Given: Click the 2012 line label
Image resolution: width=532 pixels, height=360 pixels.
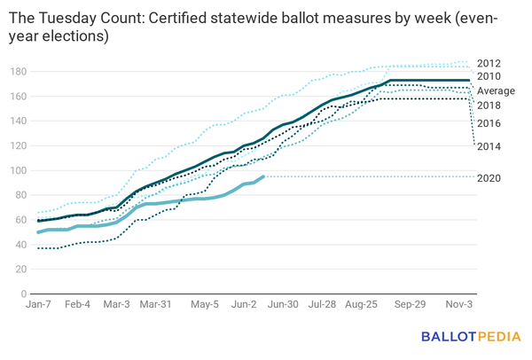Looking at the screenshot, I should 489,63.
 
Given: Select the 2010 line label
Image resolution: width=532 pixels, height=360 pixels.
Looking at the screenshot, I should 489,76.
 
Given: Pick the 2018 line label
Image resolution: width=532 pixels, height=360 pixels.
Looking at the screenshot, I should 489,106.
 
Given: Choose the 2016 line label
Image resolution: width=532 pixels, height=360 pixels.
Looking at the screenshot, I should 489,123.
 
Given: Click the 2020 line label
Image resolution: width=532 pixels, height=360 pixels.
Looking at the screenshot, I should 489,178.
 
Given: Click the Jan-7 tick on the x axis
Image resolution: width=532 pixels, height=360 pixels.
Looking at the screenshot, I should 38,303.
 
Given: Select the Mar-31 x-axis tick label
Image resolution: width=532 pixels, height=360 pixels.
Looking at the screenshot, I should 156,303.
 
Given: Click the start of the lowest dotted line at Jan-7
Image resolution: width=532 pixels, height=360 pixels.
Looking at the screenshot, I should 38,248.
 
